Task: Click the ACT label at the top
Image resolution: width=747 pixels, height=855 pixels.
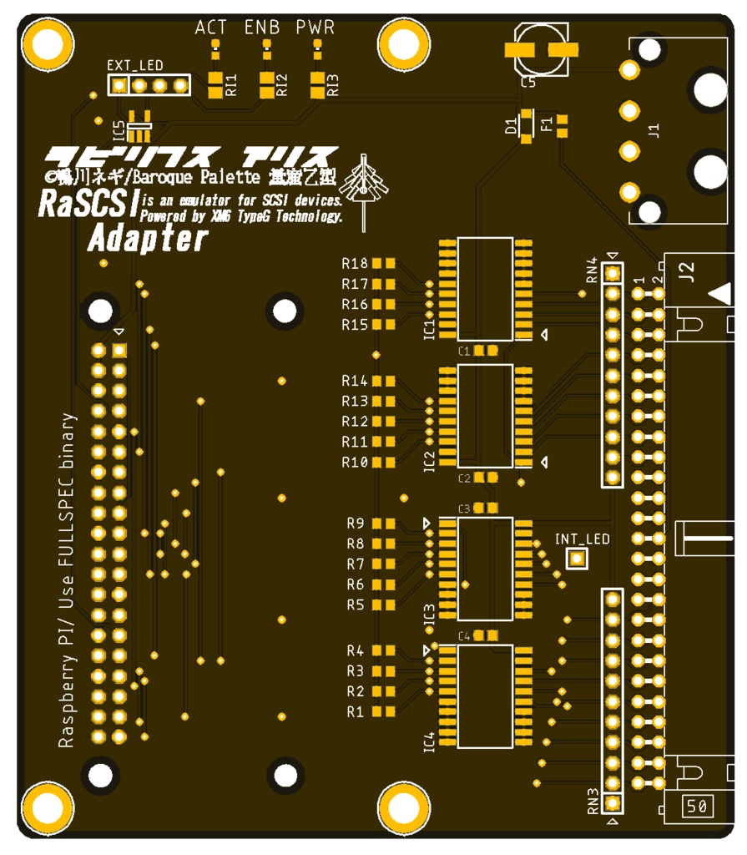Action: click(x=210, y=28)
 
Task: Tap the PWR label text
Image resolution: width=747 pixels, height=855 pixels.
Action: click(x=315, y=28)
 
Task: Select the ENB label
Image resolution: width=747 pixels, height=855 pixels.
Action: click(x=262, y=28)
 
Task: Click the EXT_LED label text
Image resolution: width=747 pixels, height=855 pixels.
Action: click(x=135, y=65)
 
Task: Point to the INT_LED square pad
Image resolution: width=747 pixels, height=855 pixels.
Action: click(x=577, y=559)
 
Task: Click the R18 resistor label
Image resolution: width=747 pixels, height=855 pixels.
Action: click(x=355, y=264)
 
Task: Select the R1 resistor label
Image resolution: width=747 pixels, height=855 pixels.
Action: click(x=356, y=712)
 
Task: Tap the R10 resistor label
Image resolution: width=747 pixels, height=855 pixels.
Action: click(x=355, y=463)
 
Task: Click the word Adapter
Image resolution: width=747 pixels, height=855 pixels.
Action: click(x=148, y=240)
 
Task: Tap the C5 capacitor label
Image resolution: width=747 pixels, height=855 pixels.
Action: click(x=528, y=83)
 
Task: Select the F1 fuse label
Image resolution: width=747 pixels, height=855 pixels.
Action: click(x=547, y=126)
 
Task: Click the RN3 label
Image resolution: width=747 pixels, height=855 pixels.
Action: click(x=593, y=801)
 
